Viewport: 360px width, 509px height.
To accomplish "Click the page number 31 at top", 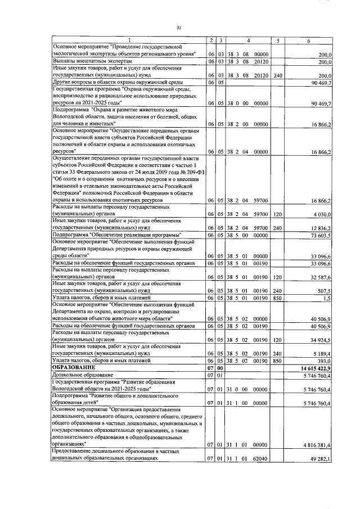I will click(179, 28).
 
